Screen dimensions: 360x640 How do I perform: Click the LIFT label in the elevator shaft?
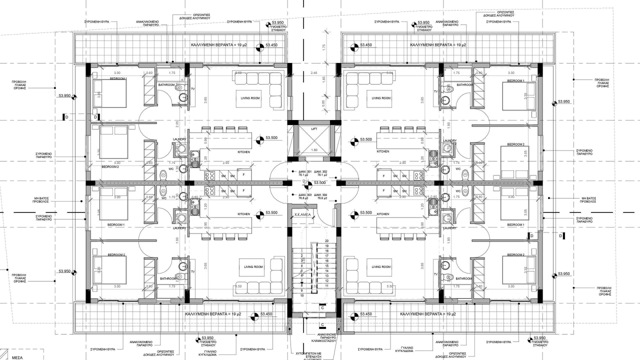[314, 129]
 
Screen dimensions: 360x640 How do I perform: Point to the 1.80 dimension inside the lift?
[314, 150]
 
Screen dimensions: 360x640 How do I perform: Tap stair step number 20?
[326, 241]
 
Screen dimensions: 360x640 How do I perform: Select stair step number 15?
[326, 265]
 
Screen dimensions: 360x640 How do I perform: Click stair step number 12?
[326, 280]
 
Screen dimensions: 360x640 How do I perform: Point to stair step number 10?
[302, 295]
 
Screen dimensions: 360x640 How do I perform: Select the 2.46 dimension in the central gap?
[314, 73]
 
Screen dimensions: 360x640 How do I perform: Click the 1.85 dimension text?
[324, 79]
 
